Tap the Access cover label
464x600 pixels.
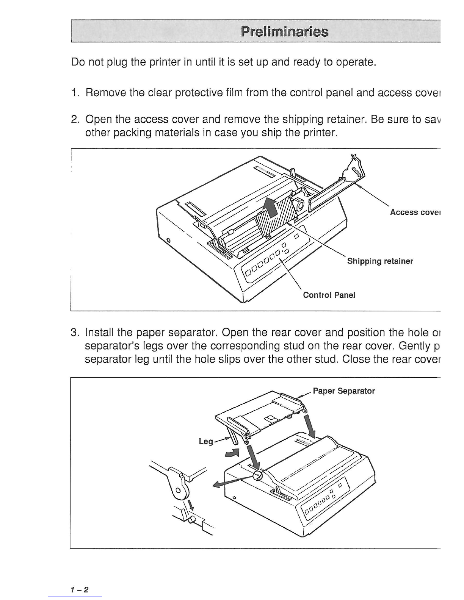point(415,212)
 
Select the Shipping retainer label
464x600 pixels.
point(380,261)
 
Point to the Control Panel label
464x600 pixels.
point(329,295)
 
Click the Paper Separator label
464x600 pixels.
point(344,391)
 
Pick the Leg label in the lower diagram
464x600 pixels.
point(206,441)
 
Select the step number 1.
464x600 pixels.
point(75,93)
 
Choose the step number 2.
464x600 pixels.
point(75,120)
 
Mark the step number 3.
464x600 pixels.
point(75,333)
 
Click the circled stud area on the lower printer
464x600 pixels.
point(257,476)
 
